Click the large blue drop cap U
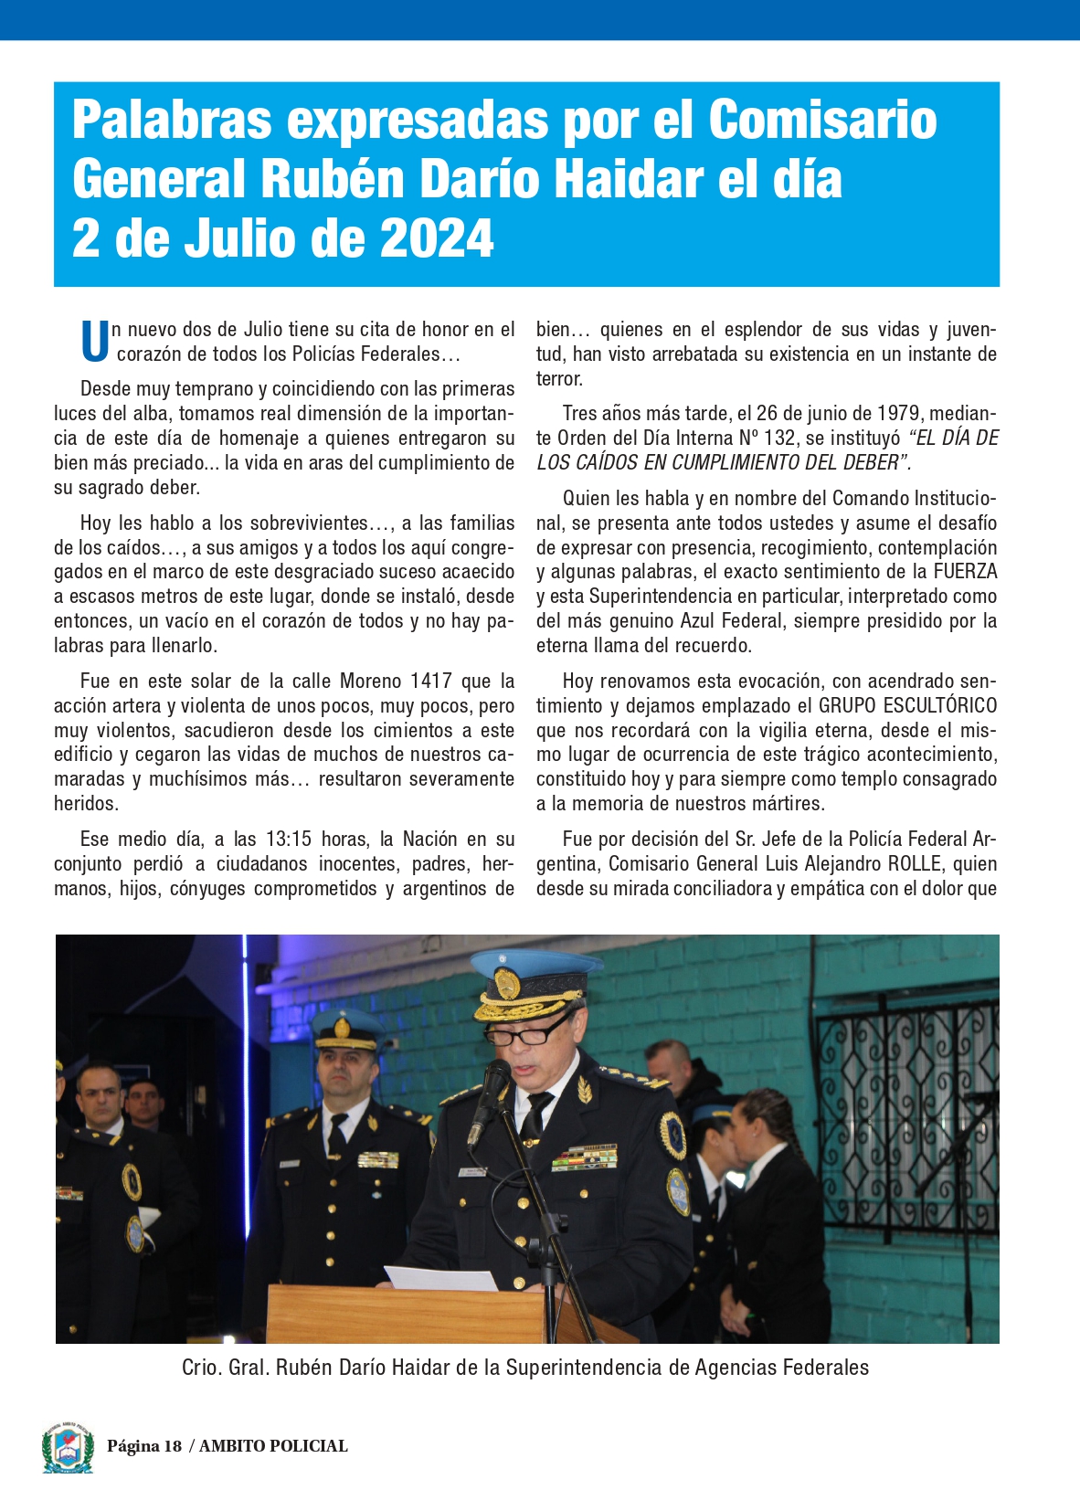pyautogui.click(x=94, y=341)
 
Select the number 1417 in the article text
pyautogui.click(x=430, y=682)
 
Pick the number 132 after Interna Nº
pyautogui.click(x=779, y=438)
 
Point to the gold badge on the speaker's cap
pyautogui.click(x=507, y=985)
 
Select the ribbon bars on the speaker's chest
pyautogui.click(x=585, y=1157)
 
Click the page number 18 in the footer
pyautogui.click(x=173, y=1446)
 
